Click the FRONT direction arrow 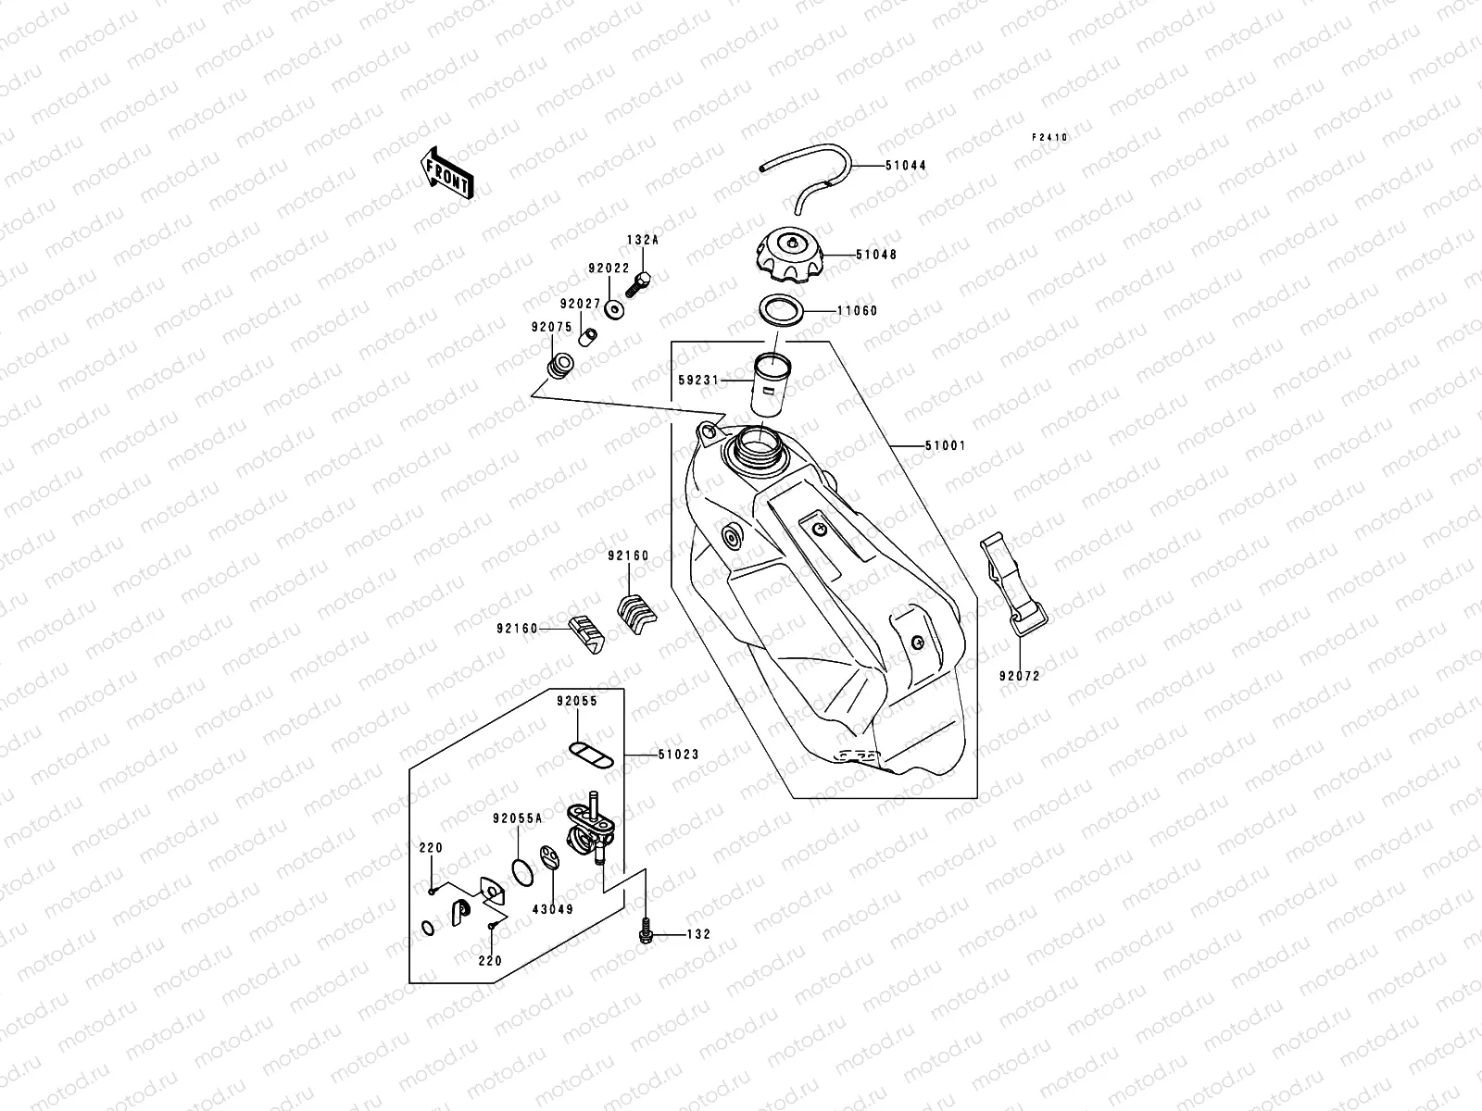[x=448, y=172]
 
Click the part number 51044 [x=905, y=166]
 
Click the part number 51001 [x=945, y=445]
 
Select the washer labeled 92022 [x=613, y=308]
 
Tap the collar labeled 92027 [x=586, y=335]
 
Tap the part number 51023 [x=678, y=755]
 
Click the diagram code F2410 [x=1050, y=137]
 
